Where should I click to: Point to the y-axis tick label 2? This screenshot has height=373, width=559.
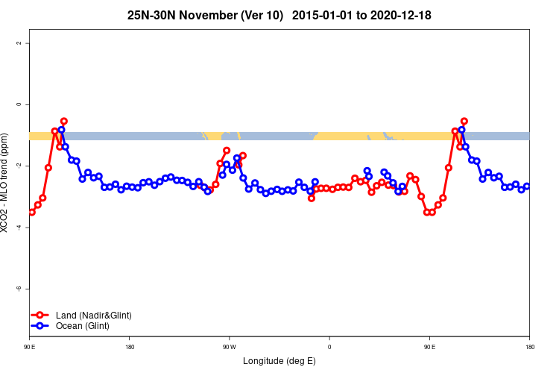[x=19, y=43]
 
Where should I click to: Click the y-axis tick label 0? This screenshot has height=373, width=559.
[x=19, y=104]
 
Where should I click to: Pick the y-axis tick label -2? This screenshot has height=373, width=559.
[x=19, y=166]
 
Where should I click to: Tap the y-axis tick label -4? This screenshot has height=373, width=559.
[x=19, y=227]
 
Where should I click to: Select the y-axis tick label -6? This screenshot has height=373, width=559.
[x=19, y=288]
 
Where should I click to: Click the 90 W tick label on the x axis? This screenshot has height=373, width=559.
[x=229, y=347]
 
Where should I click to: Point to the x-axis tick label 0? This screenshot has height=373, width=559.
[x=329, y=347]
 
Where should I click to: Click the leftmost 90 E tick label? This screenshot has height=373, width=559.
[x=30, y=347]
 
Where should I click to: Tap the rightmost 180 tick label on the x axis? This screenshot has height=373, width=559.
[x=529, y=347]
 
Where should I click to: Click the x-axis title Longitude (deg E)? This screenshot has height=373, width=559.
[x=279, y=362]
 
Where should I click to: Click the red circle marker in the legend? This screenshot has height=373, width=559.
[x=41, y=316]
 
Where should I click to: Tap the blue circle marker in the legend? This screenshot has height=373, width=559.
[x=41, y=326]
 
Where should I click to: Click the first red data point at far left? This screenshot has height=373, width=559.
[x=31, y=212]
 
